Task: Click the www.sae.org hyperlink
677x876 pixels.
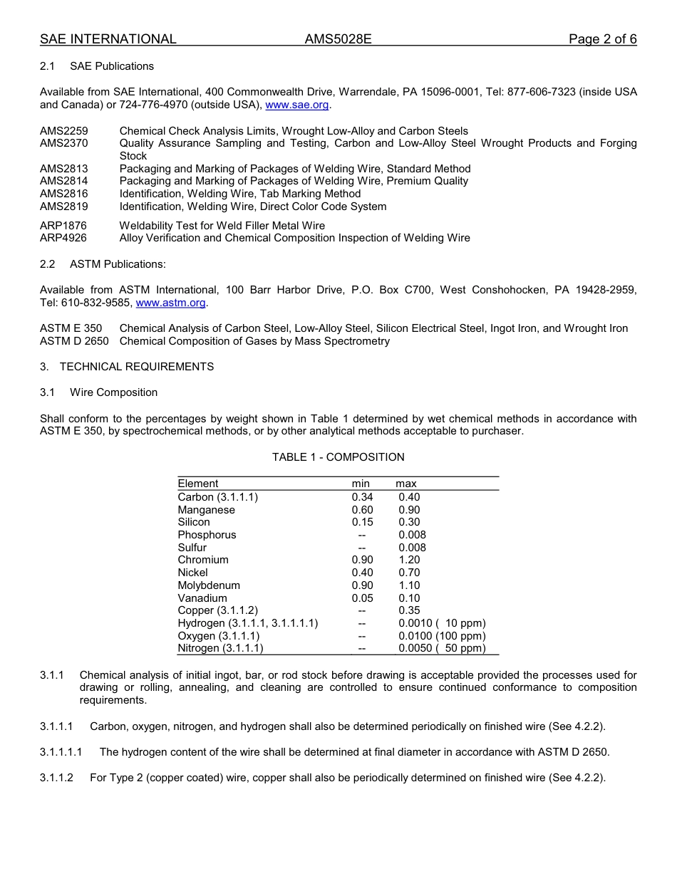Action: (296, 105)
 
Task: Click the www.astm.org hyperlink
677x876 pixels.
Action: (170, 303)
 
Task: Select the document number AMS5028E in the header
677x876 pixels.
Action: (338, 39)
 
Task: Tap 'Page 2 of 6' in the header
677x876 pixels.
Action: (602, 39)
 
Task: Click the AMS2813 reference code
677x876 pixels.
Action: (64, 169)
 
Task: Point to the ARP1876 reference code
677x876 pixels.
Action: (63, 226)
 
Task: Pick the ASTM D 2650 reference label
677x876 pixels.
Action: (74, 341)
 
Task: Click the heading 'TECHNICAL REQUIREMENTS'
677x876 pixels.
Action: (136, 367)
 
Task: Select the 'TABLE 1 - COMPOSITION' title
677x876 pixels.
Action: (338, 457)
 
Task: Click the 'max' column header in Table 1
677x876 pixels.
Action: (406, 484)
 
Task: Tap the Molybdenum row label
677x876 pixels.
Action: (209, 585)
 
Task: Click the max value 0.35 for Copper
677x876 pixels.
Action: (409, 610)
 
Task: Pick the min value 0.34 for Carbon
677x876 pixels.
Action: (362, 497)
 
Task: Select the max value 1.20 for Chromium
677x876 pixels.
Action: (409, 560)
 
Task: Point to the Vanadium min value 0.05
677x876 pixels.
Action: (362, 598)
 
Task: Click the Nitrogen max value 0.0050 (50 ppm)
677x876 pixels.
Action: (442, 648)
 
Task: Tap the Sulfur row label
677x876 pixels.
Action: (192, 548)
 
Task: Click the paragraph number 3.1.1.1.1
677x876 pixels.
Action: (61, 752)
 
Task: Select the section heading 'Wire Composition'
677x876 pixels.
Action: (113, 392)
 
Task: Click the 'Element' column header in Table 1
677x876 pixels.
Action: (198, 484)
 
